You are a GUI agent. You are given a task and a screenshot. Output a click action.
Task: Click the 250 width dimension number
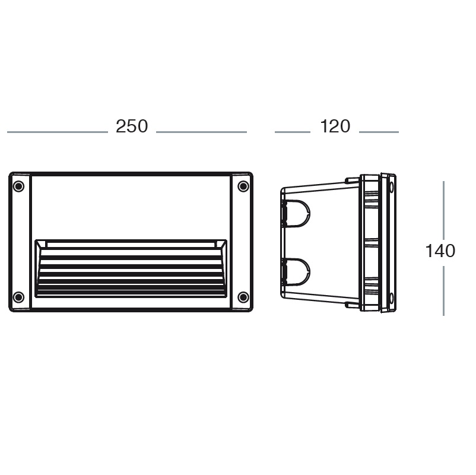pos(132,126)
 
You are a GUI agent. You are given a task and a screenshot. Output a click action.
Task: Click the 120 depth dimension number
pos(335,126)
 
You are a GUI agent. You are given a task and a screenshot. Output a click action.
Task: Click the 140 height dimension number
pos(440,251)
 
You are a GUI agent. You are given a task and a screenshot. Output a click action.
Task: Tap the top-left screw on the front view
pos(18,186)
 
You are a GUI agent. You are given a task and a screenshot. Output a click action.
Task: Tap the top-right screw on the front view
pos(243,186)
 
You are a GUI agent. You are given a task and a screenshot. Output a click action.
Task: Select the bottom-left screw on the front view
pos(18,297)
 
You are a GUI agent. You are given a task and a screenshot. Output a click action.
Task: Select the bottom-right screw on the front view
pos(243,297)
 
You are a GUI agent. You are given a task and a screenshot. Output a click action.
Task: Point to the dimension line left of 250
pos(58,132)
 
